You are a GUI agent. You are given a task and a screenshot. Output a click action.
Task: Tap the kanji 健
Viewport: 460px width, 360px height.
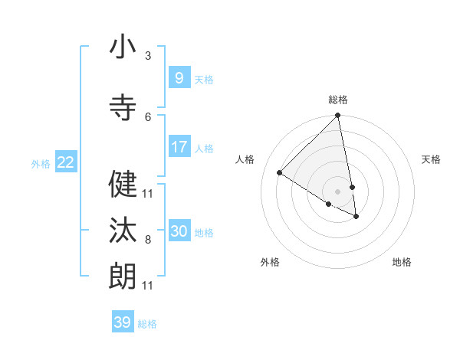pyautogui.click(x=123, y=184)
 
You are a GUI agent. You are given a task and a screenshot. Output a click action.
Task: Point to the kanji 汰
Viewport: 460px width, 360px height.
pyautogui.click(x=123, y=231)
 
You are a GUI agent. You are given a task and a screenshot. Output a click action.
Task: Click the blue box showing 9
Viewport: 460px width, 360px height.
pyautogui.click(x=179, y=78)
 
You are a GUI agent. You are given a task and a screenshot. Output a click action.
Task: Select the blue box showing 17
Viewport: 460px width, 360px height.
pyautogui.click(x=179, y=147)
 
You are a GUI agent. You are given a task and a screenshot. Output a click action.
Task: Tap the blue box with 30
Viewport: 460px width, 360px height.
pyautogui.click(x=179, y=231)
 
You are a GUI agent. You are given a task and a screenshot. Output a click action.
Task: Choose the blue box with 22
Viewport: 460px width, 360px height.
pyautogui.click(x=65, y=162)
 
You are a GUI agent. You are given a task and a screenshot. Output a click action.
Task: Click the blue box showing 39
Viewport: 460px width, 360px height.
pyautogui.click(x=122, y=322)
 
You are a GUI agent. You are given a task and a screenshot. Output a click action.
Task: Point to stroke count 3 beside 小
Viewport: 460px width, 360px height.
pyautogui.click(x=148, y=56)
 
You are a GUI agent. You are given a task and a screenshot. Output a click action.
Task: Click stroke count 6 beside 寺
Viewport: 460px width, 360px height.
pyautogui.click(x=148, y=116)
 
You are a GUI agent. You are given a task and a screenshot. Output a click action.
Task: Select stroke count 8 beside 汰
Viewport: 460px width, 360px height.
pyautogui.click(x=148, y=240)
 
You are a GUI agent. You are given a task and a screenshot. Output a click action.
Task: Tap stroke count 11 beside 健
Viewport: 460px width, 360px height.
pyautogui.click(x=148, y=193)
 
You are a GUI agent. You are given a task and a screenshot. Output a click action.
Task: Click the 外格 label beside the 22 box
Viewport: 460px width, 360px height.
pyautogui.click(x=41, y=163)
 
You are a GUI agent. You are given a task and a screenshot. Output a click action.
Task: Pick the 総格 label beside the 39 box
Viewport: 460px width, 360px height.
pyautogui.click(x=147, y=324)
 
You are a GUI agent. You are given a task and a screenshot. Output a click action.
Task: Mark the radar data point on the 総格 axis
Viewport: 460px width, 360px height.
pyautogui.click(x=338, y=116)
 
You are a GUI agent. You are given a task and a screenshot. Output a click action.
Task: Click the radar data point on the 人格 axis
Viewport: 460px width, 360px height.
pyautogui.click(x=280, y=173)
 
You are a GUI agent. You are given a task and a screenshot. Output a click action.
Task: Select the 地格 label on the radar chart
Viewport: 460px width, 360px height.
pyautogui.click(x=402, y=263)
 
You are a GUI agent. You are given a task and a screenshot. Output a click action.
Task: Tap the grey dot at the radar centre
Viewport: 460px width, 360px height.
pyautogui.click(x=338, y=191)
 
